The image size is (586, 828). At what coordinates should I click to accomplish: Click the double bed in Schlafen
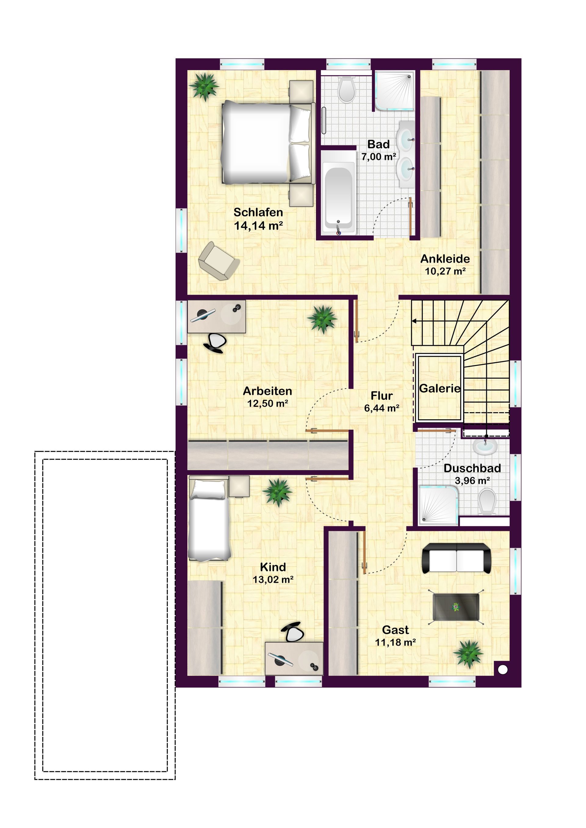(x=267, y=142)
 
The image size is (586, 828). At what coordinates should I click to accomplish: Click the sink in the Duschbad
(x=485, y=447)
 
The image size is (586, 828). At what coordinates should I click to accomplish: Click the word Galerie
(x=440, y=389)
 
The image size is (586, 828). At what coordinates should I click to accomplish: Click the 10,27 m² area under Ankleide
(x=445, y=271)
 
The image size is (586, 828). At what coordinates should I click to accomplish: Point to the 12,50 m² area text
(x=267, y=403)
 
